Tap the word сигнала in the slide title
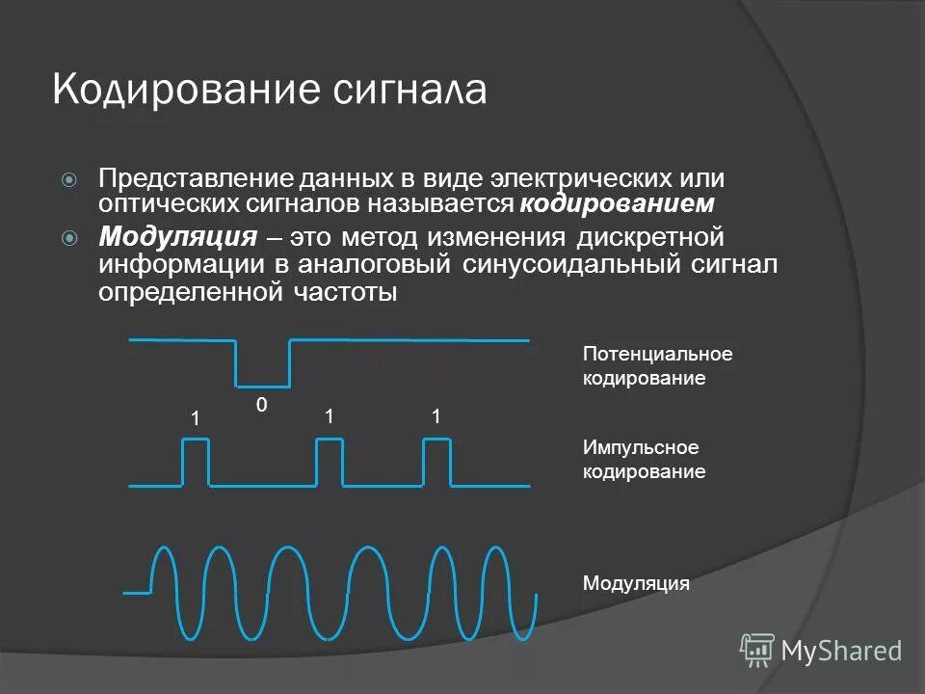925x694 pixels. click(x=410, y=90)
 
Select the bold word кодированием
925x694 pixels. click(x=618, y=204)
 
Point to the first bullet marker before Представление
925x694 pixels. click(x=69, y=179)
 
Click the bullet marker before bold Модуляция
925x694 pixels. click(x=69, y=237)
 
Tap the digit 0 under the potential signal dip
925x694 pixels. click(x=261, y=407)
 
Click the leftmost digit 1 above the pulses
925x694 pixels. click(x=194, y=419)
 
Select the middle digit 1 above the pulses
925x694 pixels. click(x=329, y=417)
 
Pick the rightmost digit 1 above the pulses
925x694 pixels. click(x=436, y=417)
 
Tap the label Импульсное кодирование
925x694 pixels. click(x=644, y=460)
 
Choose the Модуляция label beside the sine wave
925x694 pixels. click(x=636, y=583)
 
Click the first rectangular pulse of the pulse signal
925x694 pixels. click(x=196, y=461)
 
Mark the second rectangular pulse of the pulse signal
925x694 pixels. click(x=330, y=461)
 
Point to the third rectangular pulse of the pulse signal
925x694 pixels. click(x=436, y=461)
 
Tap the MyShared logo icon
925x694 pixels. click(x=757, y=651)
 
